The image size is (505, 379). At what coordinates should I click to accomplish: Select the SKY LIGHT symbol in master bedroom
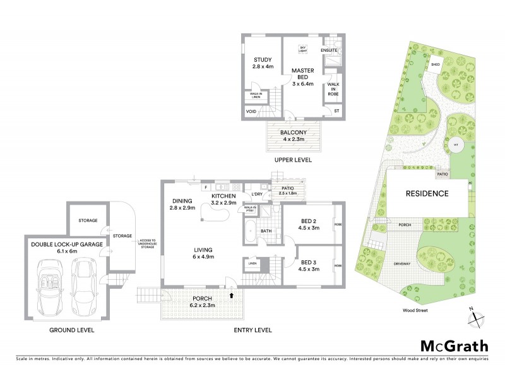[x=303, y=48]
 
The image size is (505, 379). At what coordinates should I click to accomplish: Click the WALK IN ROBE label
[x=333, y=90]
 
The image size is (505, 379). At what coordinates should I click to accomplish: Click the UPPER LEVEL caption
[x=293, y=161]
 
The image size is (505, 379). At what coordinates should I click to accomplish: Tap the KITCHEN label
[x=223, y=199]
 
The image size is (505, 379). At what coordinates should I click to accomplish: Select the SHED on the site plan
[x=436, y=64]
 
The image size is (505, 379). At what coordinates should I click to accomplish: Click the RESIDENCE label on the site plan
[x=427, y=194]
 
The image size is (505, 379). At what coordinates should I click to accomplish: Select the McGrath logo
[x=453, y=346]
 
